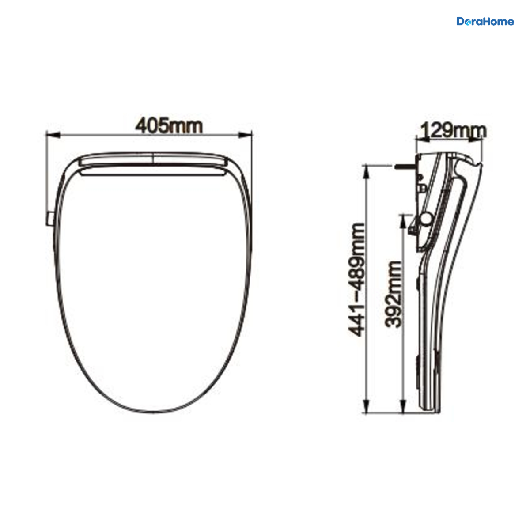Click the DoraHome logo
point(485,22)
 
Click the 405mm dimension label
point(169,126)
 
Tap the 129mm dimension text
point(454,131)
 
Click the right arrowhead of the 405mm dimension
point(245,135)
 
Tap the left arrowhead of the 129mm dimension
point(423,140)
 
